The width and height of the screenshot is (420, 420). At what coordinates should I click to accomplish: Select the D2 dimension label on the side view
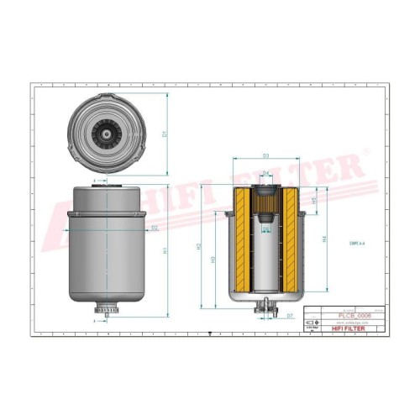tap(155, 228)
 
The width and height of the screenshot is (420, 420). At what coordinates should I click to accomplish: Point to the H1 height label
tap(165, 249)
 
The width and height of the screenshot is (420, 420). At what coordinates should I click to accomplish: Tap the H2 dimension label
tap(198, 249)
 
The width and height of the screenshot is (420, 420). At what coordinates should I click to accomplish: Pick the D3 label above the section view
tap(265, 156)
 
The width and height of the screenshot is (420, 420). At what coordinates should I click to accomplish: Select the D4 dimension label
tap(265, 173)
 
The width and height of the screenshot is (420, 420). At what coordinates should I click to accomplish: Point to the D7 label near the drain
tap(289, 316)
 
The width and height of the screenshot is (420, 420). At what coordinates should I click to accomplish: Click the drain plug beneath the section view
tap(265, 309)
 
